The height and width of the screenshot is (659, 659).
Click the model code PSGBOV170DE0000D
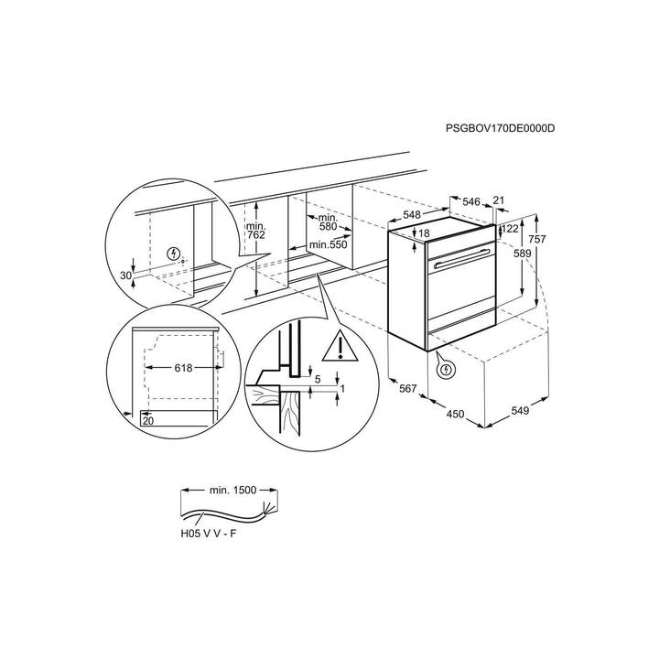[x=500, y=128]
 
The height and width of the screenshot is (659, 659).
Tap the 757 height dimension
[x=537, y=239]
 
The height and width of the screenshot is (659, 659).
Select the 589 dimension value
[x=523, y=254]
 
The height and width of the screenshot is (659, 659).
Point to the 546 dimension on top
[x=471, y=201]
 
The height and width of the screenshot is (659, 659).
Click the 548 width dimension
[x=412, y=215]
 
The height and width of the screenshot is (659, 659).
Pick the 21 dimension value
[x=499, y=200]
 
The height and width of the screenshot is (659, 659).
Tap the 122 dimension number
[x=510, y=229]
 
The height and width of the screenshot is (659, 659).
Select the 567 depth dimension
[x=407, y=389]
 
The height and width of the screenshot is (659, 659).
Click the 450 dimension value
[x=455, y=415]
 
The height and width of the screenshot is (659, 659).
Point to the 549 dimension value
[x=520, y=411]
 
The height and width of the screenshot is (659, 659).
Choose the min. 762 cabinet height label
[x=256, y=231]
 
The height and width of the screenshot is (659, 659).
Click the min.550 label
[x=329, y=244]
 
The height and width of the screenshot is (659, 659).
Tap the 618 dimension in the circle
[x=183, y=368]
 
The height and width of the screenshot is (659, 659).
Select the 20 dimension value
[x=148, y=421]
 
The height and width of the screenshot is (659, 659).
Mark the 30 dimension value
[x=125, y=275]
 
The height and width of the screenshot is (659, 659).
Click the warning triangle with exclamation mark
[x=340, y=347]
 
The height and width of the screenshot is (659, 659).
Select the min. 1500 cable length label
[x=232, y=490]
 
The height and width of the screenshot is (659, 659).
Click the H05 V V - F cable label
[x=209, y=534]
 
